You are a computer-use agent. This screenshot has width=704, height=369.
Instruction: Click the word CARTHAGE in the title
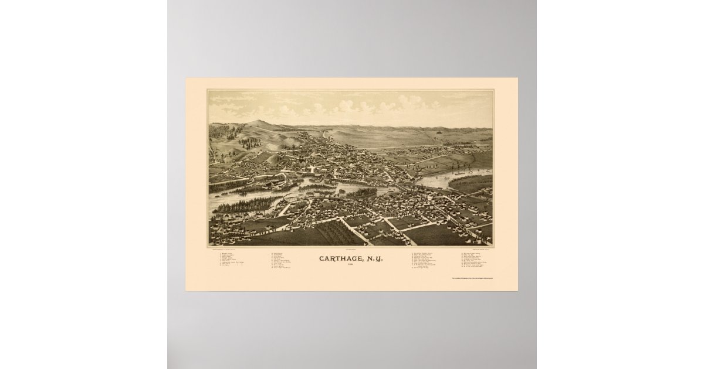(x=339, y=257)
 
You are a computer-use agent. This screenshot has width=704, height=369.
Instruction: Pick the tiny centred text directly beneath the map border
(x=351, y=248)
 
